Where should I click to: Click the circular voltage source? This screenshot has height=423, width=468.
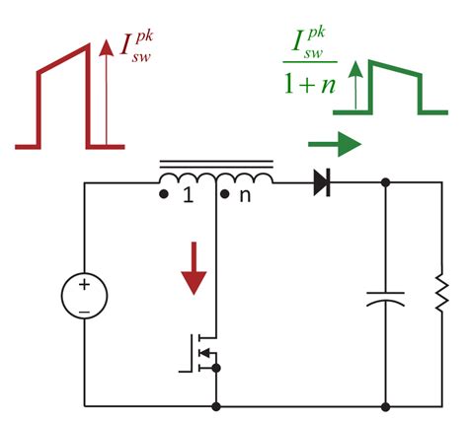[x=85, y=295]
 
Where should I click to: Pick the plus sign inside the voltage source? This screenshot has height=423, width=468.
[x=85, y=284]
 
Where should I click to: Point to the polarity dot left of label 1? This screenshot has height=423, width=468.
[x=163, y=194]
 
